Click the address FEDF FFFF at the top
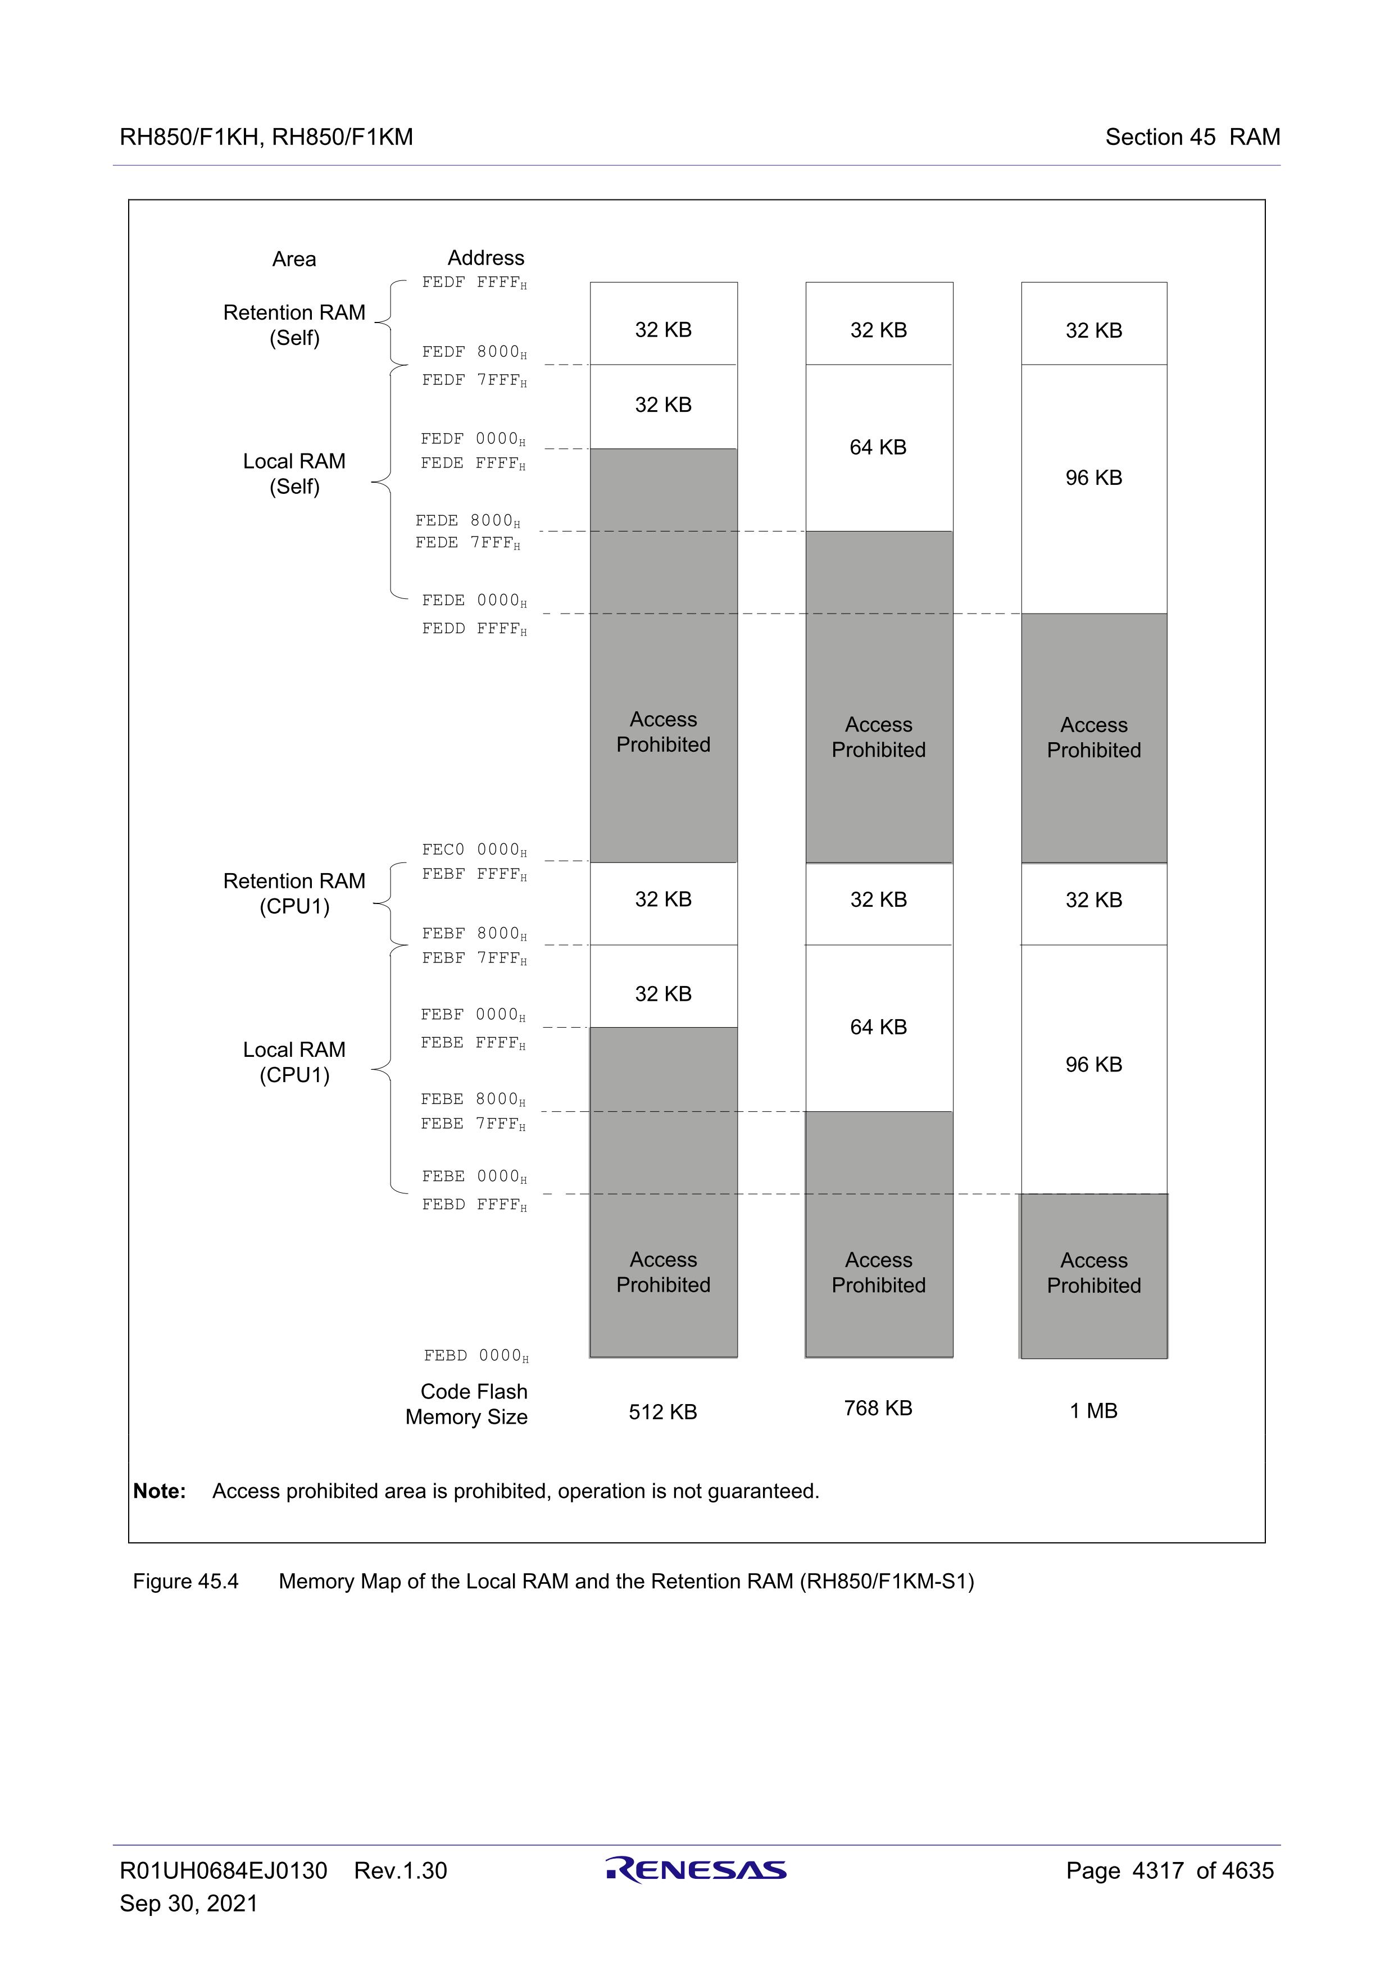point(474,283)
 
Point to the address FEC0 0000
point(474,850)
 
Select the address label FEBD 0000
point(475,1356)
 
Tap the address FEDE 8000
point(468,521)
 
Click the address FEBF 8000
point(474,934)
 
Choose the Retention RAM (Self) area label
point(294,325)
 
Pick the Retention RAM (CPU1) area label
point(294,894)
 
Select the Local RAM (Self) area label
point(294,474)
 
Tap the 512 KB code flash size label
point(662,1412)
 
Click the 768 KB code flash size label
point(878,1408)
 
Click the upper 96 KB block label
point(1093,478)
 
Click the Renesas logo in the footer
point(696,1870)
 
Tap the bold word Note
point(160,1491)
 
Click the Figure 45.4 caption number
point(185,1581)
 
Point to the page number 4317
point(1158,1870)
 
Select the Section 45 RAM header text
point(1192,137)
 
